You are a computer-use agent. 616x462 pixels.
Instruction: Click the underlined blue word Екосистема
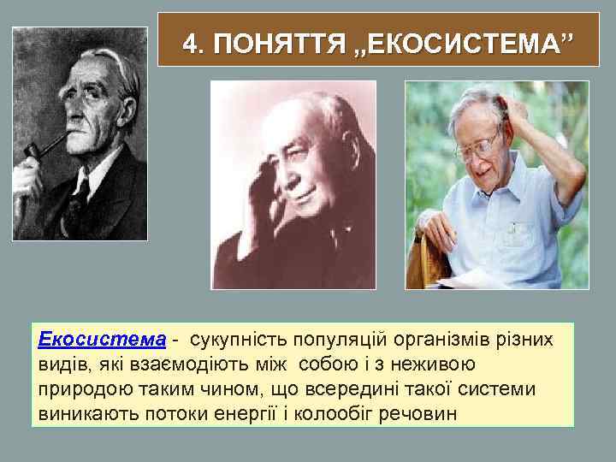(102, 340)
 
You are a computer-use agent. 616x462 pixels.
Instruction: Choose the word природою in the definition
(79, 389)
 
